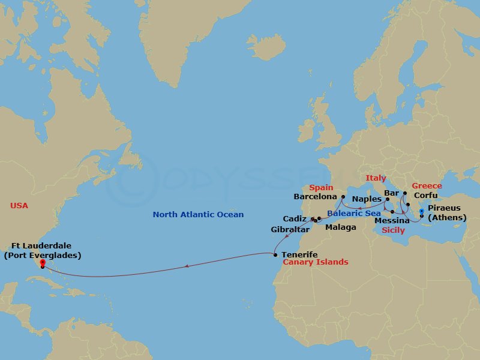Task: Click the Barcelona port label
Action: (314, 196)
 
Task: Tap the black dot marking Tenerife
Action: (275, 255)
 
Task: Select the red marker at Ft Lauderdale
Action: (43, 263)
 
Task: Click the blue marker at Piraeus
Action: (422, 211)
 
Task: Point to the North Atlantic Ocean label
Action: (198, 215)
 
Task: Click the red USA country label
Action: (19, 206)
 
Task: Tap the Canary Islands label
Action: (315, 262)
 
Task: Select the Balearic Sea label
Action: (354, 213)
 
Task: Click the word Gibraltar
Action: (290, 230)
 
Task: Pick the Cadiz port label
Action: (295, 219)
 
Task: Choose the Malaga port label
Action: (340, 227)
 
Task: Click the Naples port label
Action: (367, 199)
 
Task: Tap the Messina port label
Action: (392, 221)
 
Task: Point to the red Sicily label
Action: (393, 230)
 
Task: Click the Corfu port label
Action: (425, 196)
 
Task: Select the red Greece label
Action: (427, 186)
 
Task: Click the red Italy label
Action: (376, 178)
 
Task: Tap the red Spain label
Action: (321, 188)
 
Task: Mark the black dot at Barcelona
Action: (343, 196)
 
